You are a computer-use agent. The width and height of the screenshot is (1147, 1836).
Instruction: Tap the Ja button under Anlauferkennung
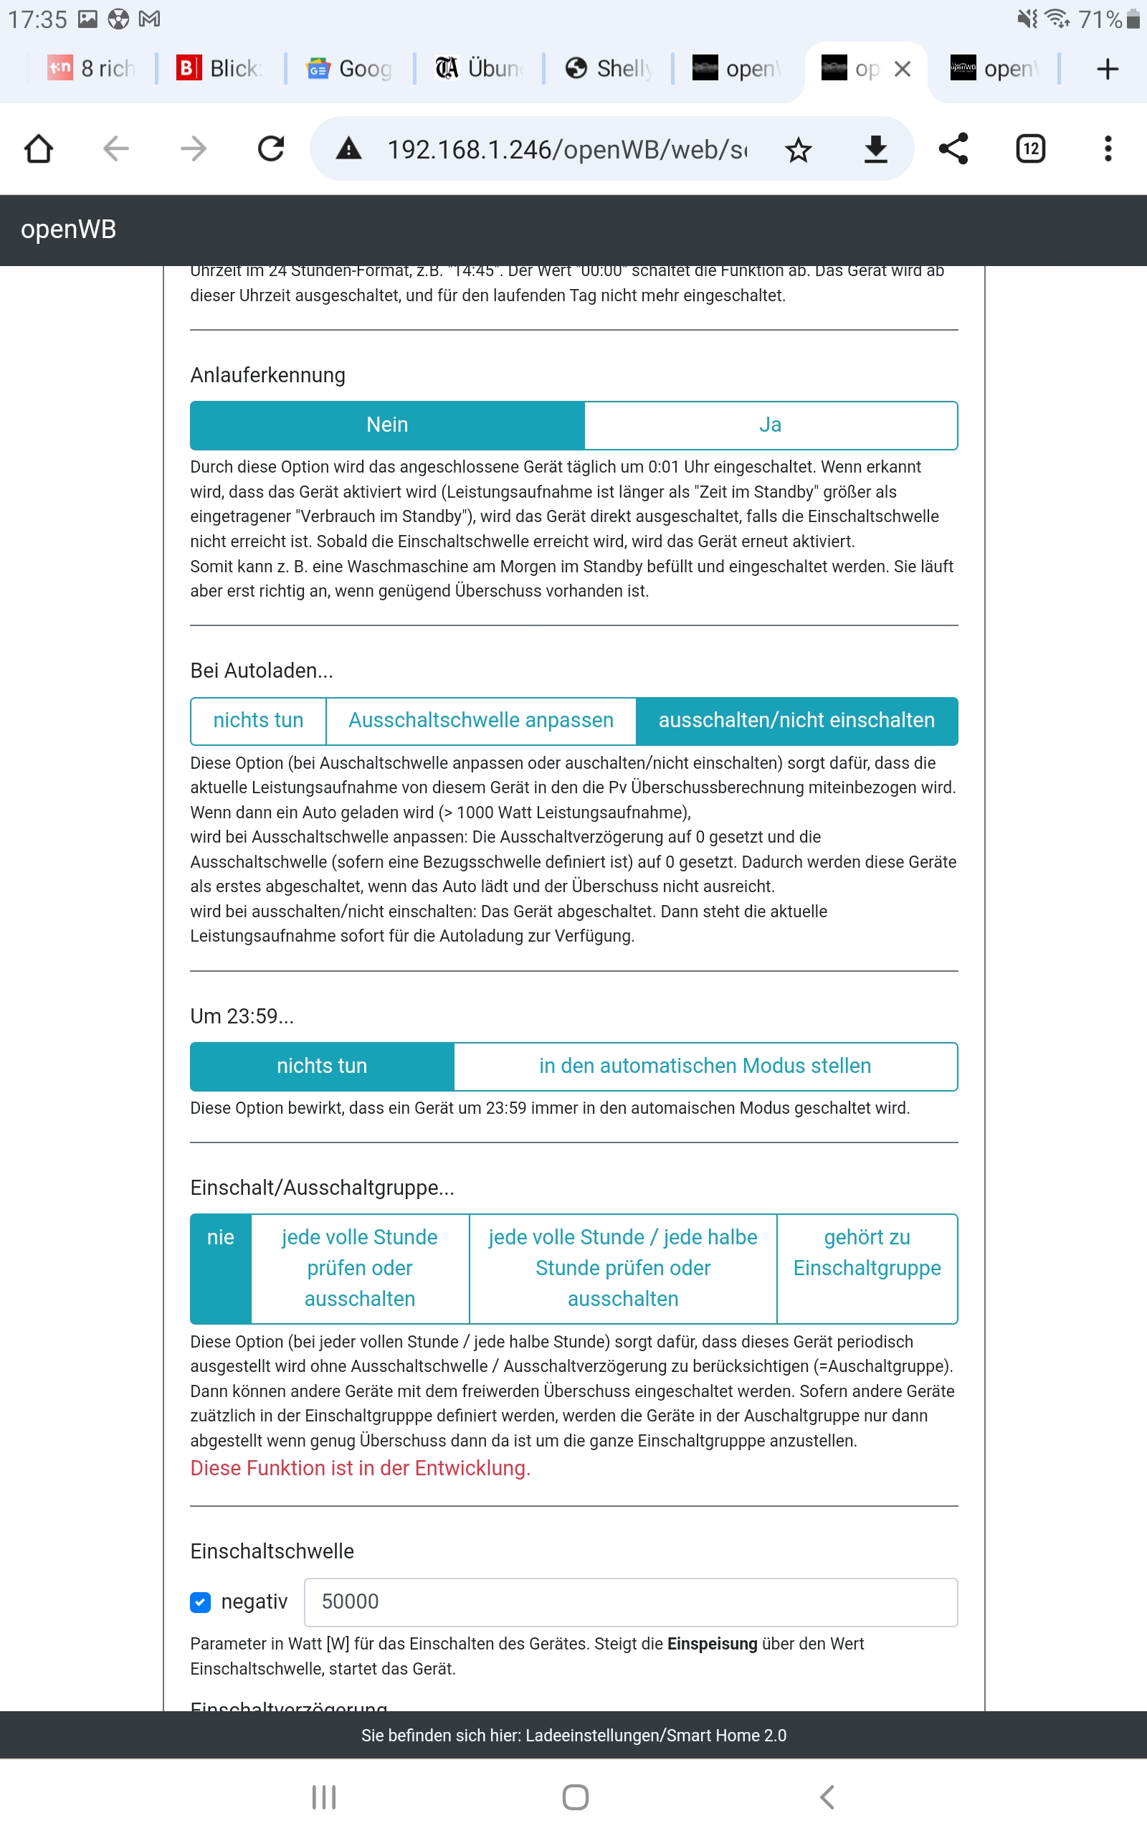click(770, 425)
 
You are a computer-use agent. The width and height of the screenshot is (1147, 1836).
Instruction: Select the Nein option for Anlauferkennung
click(387, 425)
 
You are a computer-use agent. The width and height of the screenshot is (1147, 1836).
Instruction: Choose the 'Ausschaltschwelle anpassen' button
click(480, 720)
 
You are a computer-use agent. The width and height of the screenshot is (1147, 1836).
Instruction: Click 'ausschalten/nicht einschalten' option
click(796, 720)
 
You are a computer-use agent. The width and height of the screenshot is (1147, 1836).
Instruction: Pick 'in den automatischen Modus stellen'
click(705, 1066)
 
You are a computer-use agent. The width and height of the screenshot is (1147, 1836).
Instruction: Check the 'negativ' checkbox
click(200, 1601)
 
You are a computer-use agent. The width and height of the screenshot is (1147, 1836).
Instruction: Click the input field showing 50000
click(629, 1601)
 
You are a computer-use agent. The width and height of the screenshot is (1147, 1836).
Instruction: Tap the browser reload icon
click(271, 148)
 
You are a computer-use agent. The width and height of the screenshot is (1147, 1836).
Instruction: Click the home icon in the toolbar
click(39, 148)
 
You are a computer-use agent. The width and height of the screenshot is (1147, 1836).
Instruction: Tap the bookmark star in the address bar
click(798, 149)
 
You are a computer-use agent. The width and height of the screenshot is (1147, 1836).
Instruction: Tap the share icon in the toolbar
click(953, 148)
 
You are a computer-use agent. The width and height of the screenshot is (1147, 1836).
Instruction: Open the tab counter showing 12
click(1030, 148)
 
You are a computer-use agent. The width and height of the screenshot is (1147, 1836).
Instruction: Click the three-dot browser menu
click(1108, 148)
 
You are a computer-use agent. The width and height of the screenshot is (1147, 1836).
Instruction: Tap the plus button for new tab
click(1108, 69)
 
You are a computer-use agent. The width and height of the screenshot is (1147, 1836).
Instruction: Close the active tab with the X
click(902, 69)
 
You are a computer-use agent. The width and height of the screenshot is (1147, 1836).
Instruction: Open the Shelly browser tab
click(609, 69)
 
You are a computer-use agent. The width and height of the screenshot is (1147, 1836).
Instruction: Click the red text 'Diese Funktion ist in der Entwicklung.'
click(360, 1468)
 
